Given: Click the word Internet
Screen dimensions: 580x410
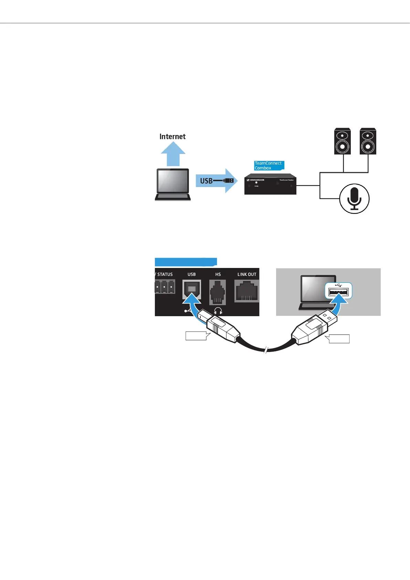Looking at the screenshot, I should pyautogui.click(x=172, y=136).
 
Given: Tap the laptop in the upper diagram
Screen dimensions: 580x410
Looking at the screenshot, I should pyautogui.click(x=173, y=184).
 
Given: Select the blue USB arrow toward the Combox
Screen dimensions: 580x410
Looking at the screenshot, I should pyautogui.click(x=217, y=181).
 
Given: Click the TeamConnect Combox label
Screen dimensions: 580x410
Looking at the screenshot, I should pyautogui.click(x=269, y=166).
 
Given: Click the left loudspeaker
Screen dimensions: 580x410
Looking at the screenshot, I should pyautogui.click(x=343, y=142).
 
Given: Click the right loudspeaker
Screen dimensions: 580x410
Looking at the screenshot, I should pyautogui.click(x=368, y=142).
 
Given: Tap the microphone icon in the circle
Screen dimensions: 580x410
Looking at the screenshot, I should pyautogui.click(x=354, y=199).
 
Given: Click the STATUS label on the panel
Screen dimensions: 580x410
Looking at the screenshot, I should pyautogui.click(x=165, y=275).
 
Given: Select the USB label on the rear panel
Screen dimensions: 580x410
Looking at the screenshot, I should pyautogui.click(x=191, y=275).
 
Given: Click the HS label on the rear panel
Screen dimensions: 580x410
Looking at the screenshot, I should pyautogui.click(x=218, y=275).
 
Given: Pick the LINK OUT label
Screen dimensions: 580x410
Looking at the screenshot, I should pyautogui.click(x=247, y=275).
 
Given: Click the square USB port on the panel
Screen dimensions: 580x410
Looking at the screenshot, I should pyautogui.click(x=192, y=289).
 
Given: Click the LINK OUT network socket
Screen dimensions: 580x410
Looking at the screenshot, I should pyautogui.click(x=246, y=291).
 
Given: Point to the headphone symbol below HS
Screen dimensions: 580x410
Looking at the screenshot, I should pyautogui.click(x=218, y=311).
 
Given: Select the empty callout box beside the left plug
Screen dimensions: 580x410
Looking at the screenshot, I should pyautogui.click(x=196, y=336).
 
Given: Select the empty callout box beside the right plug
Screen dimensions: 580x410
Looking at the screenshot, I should pyautogui.click(x=339, y=339).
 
